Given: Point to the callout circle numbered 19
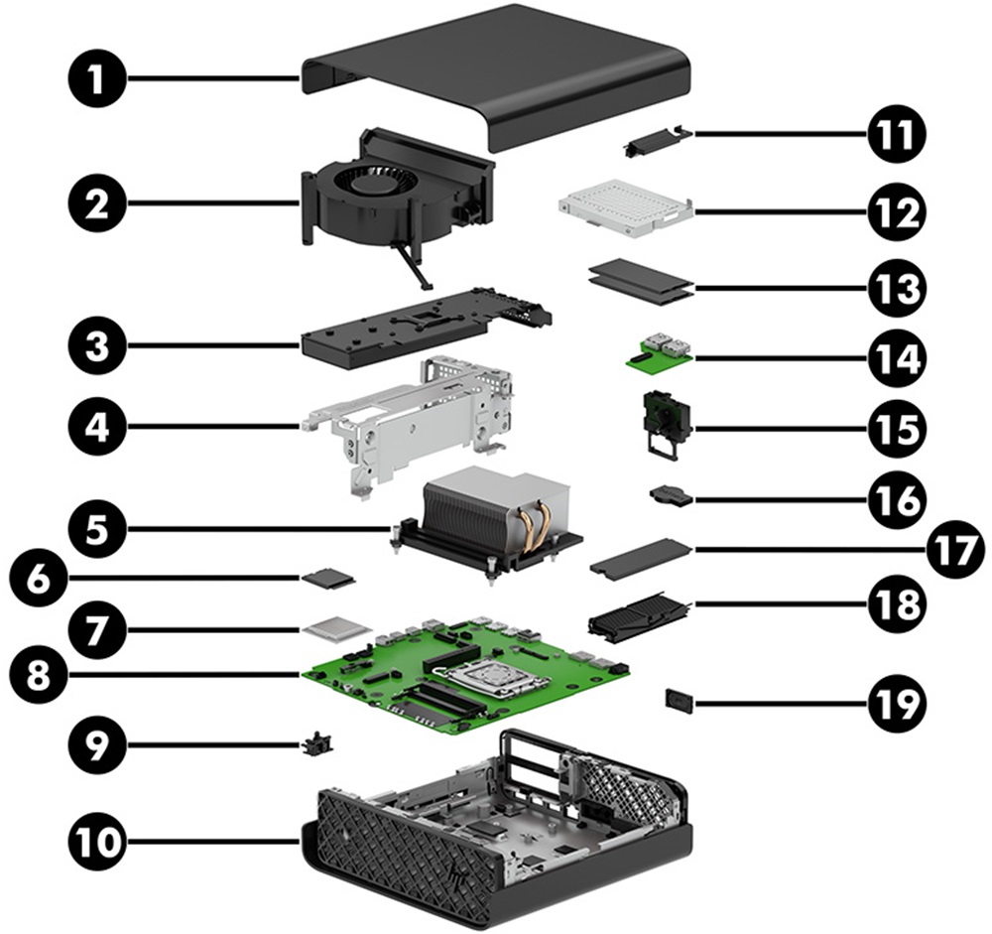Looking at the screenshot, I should pos(897,703).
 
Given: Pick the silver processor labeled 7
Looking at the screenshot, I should pos(335,627).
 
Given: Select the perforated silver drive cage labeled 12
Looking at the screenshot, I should pos(621,205).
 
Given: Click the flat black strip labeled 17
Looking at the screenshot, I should pos(639,558).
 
